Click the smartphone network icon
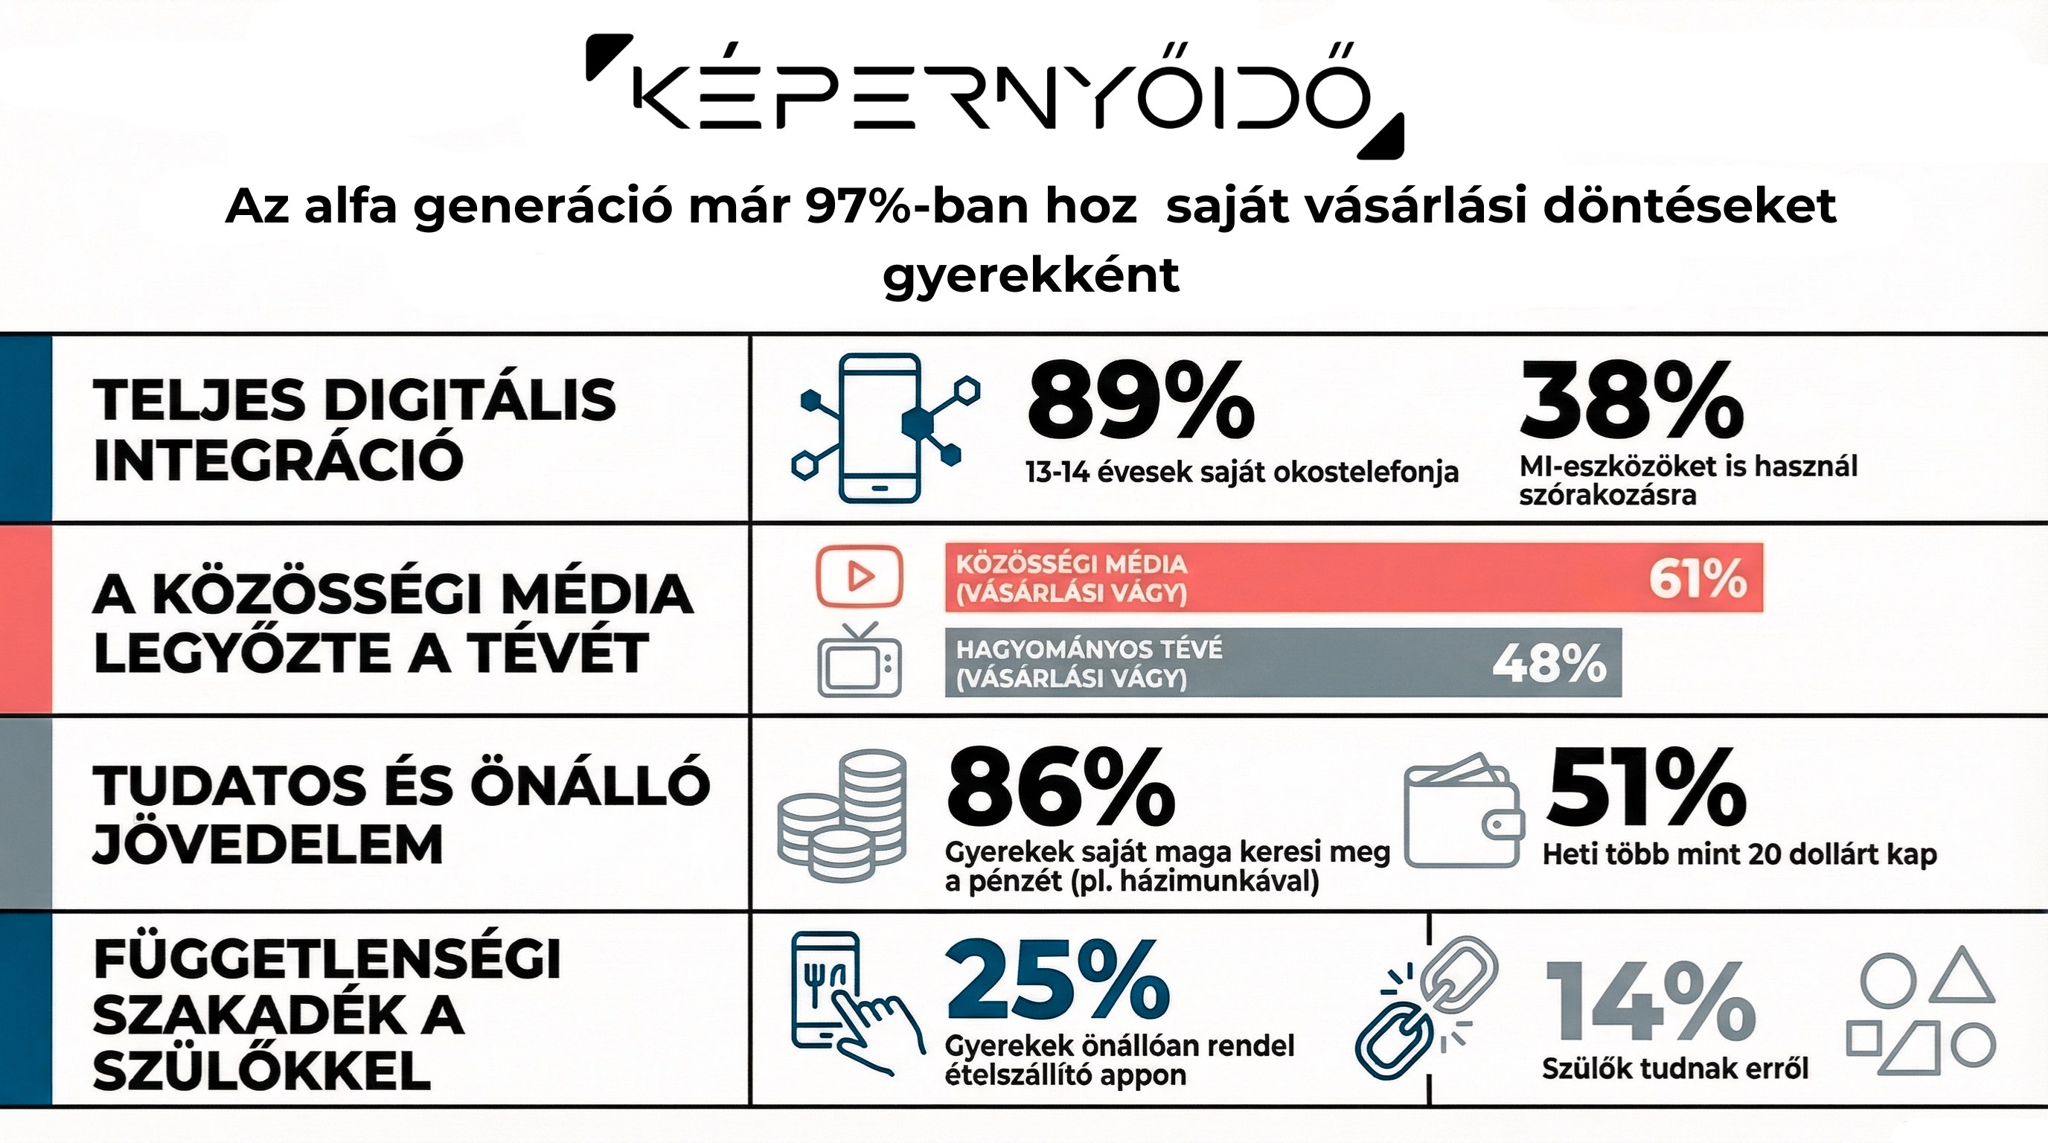click(x=883, y=428)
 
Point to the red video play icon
click(x=859, y=575)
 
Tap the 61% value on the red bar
click(x=1697, y=579)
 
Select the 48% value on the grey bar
click(x=1549, y=663)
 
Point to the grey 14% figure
click(x=1650, y=1002)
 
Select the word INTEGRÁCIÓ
click(x=278, y=458)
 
